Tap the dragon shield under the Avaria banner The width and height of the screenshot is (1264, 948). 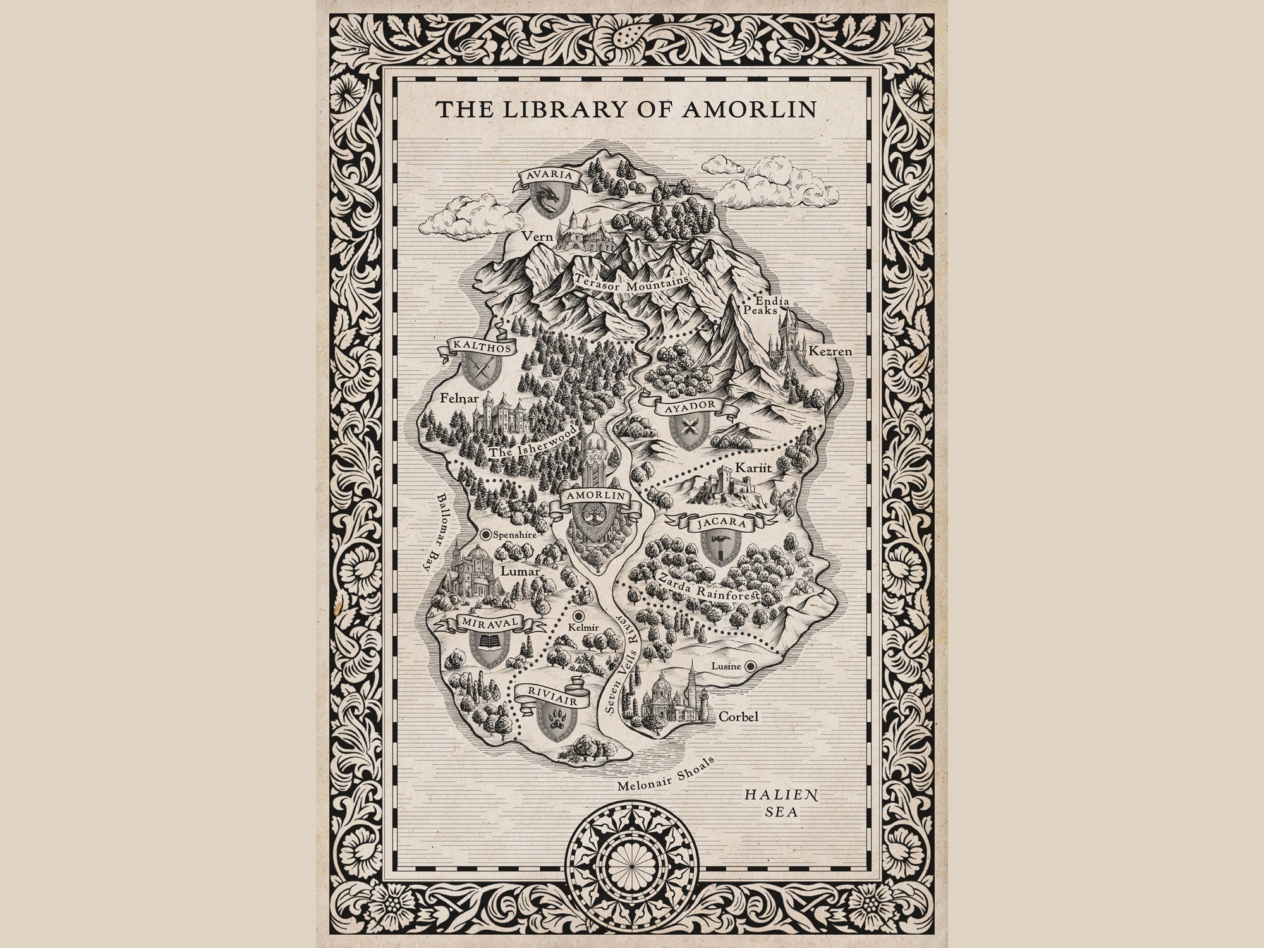point(548,197)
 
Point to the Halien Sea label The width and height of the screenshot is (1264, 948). point(781,803)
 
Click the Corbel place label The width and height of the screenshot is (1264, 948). point(738,717)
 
